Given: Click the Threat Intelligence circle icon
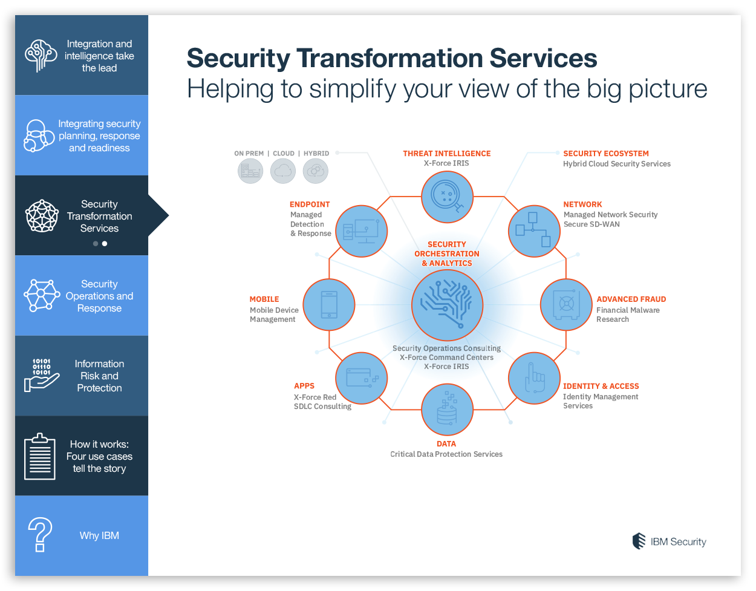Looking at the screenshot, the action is tap(447, 197).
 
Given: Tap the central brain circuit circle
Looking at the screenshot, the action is tap(447, 305).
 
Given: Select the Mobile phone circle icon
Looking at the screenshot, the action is tap(329, 305).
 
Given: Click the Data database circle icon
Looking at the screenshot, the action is tap(447, 410).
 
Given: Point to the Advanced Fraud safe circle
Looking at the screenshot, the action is tap(566, 305).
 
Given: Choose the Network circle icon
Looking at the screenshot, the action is tap(534, 231).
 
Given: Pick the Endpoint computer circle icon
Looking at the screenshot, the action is tap(362, 231).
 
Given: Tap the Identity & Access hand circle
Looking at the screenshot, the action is tap(534, 379).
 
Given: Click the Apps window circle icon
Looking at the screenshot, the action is tap(362, 379).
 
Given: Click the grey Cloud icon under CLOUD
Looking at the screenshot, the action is tap(283, 171).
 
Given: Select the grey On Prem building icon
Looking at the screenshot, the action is tap(250, 171).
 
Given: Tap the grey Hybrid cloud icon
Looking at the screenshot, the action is tap(316, 171).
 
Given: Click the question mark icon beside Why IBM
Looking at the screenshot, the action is tap(40, 535).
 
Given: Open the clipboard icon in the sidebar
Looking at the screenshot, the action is tap(40, 457).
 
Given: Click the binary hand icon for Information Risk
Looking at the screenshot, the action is tap(41, 375).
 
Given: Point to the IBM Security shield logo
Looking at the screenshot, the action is tap(639, 541).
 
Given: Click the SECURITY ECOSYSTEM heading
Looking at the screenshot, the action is tap(605, 154).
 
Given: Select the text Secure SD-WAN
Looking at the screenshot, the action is tap(591, 224).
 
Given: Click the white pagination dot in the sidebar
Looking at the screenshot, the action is tap(105, 244).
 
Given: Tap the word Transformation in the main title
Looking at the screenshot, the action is tap(389, 58).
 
